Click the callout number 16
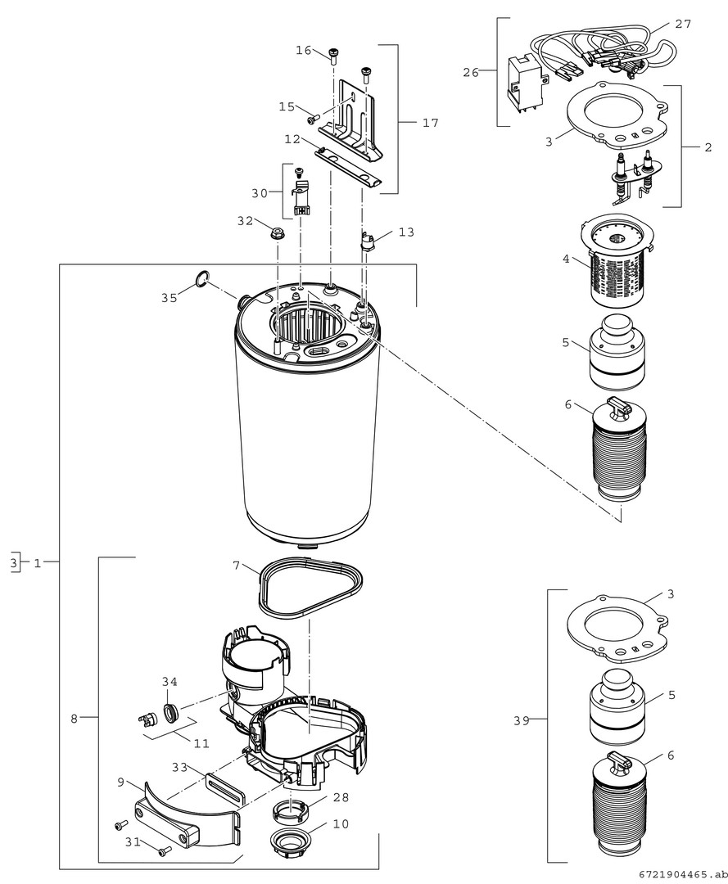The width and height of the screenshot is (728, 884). coord(303,51)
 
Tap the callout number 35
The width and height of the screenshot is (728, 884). coord(169,298)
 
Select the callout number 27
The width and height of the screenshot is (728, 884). coord(683,25)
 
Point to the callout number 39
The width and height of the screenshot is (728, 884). coord(522,720)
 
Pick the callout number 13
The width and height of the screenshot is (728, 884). coord(406,232)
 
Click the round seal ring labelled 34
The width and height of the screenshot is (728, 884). coord(170,713)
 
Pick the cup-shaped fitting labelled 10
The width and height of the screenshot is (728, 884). coord(291,842)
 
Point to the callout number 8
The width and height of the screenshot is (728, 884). coord(74,719)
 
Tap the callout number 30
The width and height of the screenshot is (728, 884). coord(260,193)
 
